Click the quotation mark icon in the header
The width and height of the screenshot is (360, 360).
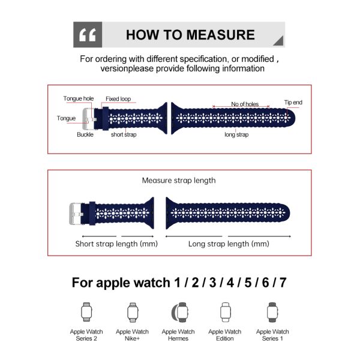click(x=88, y=35)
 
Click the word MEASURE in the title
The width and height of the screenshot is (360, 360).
click(x=220, y=35)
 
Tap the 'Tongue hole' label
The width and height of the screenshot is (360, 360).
click(x=79, y=98)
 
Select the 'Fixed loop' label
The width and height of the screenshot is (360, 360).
click(x=118, y=99)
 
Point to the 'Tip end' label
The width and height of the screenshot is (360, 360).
click(x=293, y=103)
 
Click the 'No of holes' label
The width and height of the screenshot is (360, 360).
click(x=245, y=104)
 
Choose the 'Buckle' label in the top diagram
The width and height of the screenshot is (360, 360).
click(x=85, y=134)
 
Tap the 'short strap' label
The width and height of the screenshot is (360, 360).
click(x=124, y=134)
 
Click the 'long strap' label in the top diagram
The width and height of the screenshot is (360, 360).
click(x=236, y=134)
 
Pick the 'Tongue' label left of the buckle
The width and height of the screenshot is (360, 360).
click(x=66, y=118)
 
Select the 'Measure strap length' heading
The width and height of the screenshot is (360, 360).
click(x=179, y=181)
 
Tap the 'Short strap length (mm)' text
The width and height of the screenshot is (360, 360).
click(x=116, y=244)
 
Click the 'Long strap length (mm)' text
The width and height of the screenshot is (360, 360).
click(x=229, y=244)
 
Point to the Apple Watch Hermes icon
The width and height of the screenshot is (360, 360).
click(x=180, y=312)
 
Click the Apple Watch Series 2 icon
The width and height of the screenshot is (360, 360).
click(x=86, y=312)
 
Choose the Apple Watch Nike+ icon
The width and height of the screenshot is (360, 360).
click(x=133, y=312)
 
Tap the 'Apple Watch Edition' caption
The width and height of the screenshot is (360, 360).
click(x=225, y=335)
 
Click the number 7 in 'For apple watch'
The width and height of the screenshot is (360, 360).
click(x=283, y=283)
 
